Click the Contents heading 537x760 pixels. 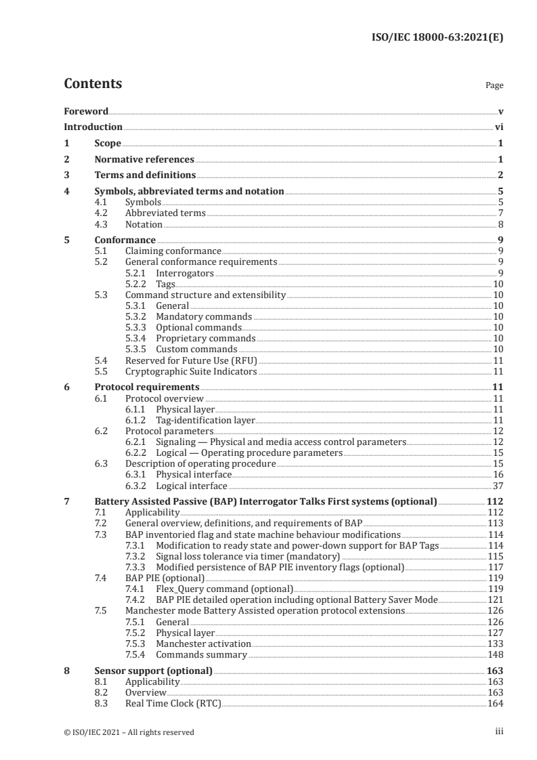pyautogui.click(x=93, y=84)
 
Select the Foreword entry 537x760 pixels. pyautogui.click(x=86, y=111)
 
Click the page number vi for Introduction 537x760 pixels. pyautogui.click(x=498, y=127)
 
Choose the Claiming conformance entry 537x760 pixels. pyautogui.click(x=173, y=251)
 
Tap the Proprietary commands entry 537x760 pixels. pyautogui.click(x=205, y=338)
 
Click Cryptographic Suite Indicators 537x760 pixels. pyautogui.click(x=191, y=371)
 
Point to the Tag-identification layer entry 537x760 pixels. pyautogui.click(x=205, y=420)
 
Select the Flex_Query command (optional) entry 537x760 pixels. pyautogui.click(x=224, y=589)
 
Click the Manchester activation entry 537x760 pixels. pyautogui.click(x=203, y=643)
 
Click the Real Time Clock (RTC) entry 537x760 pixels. pyautogui.click(x=173, y=704)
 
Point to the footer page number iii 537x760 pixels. pyautogui.click(x=499, y=732)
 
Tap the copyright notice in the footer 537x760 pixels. pyautogui.click(x=129, y=732)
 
